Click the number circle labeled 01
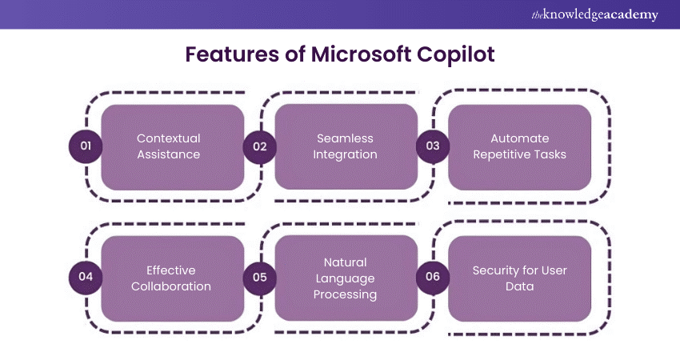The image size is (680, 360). (86, 146)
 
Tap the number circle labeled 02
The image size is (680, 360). (259, 146)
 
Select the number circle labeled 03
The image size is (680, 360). (433, 146)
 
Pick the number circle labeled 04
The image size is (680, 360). (86, 277)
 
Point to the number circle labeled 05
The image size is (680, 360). (259, 277)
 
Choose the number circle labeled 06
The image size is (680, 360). (433, 277)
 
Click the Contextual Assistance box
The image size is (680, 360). (173, 146)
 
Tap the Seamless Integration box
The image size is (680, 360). (346, 146)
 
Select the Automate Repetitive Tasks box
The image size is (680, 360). (520, 146)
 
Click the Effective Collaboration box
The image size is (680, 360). (173, 278)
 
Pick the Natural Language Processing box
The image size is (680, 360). (346, 278)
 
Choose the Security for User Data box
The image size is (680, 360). (520, 278)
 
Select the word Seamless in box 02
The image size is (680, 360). (346, 138)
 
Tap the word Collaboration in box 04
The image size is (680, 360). (173, 286)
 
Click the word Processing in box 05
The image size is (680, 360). (346, 294)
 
